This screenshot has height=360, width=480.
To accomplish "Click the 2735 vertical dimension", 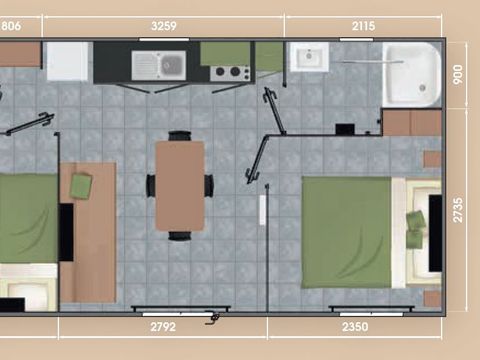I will pyautogui.click(x=459, y=209).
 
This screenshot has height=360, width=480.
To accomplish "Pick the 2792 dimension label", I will pyautogui.click(x=162, y=326).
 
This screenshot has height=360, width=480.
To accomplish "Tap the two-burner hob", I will pyautogui.click(x=230, y=72).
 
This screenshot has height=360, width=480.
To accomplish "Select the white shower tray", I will pyautogui.click(x=413, y=73).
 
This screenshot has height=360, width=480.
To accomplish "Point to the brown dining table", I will pyautogui.click(x=180, y=185).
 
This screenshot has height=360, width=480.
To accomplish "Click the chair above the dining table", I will pyautogui.click(x=180, y=135).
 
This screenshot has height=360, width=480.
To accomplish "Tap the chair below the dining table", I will pyautogui.click(x=180, y=236).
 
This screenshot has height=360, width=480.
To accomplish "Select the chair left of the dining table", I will pyautogui.click(x=151, y=185).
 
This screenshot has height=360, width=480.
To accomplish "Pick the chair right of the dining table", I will pyautogui.click(x=209, y=185).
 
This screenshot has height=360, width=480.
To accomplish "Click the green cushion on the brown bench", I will pyautogui.click(x=80, y=185).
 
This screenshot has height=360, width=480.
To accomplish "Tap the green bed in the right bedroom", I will pyautogui.click(x=345, y=231).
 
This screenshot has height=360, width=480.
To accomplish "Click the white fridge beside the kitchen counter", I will pyautogui.click(x=68, y=61).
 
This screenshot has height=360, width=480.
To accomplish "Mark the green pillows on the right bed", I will pyautogui.click(x=415, y=230).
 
